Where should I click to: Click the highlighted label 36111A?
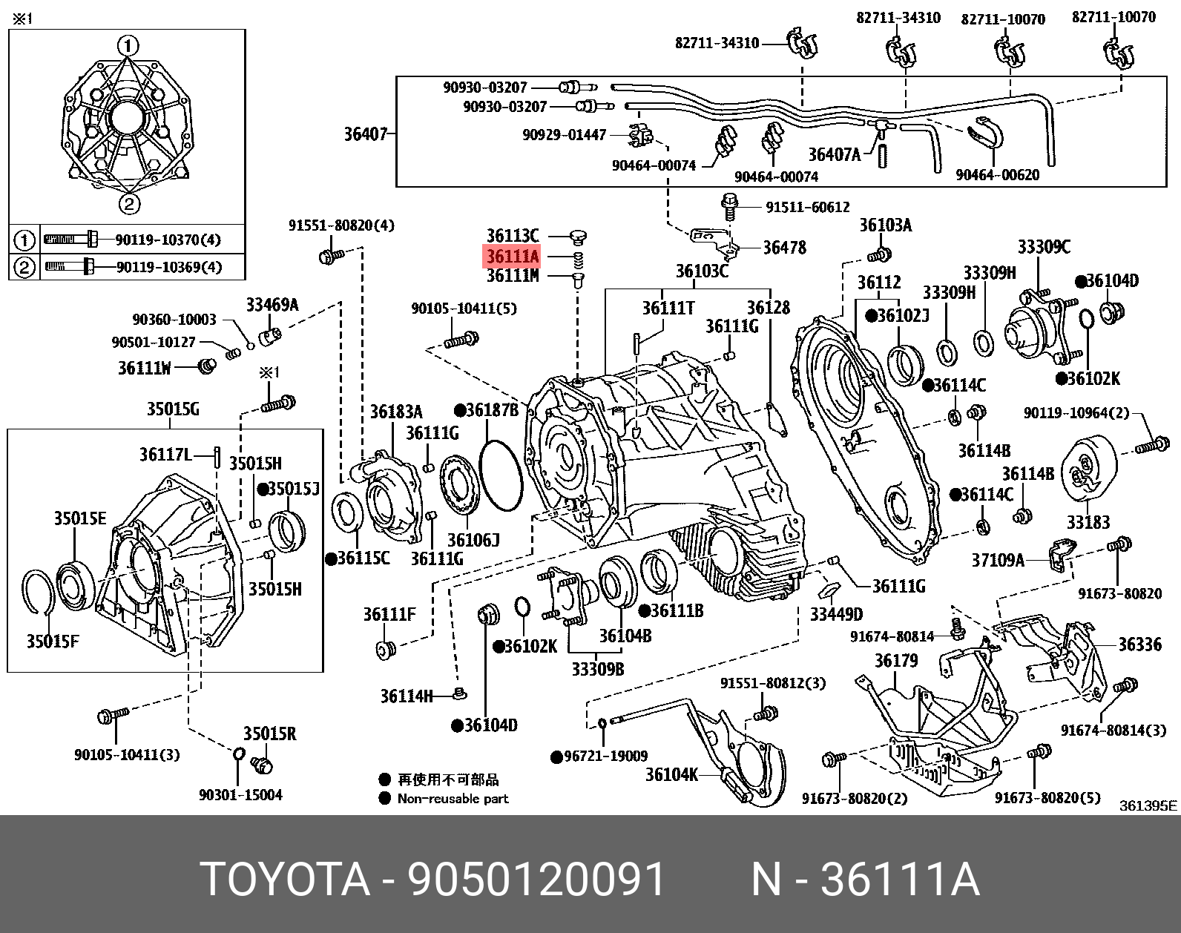point(512,257)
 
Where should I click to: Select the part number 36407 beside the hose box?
point(366,134)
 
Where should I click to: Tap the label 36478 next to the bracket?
point(784,247)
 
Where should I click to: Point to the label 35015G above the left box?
point(172,409)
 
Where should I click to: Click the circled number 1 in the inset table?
point(24,240)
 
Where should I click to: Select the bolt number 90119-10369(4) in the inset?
point(168,267)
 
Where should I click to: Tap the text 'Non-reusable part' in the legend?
point(453,799)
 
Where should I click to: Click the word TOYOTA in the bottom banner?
point(285,880)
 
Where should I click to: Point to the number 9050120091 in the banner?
point(536,880)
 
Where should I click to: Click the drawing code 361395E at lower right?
point(1148,805)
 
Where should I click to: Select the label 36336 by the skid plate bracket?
point(1140,644)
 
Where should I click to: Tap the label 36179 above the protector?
point(895,661)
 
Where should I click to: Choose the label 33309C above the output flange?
point(1044,247)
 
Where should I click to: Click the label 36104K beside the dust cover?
point(671,774)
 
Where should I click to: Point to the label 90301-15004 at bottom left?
point(240,794)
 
